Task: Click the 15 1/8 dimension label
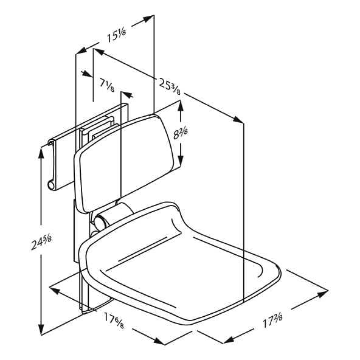[x=116, y=35]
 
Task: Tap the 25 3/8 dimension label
[x=170, y=85]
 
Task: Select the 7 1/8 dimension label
[x=107, y=84]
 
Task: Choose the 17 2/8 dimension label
[x=272, y=320]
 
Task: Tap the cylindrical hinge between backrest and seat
[x=112, y=216]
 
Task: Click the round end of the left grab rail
[x=51, y=185]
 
